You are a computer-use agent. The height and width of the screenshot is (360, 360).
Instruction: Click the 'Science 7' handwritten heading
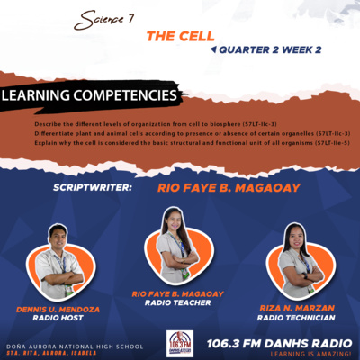coord(105,18)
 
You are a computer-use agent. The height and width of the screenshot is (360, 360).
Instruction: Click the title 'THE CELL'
coord(180,37)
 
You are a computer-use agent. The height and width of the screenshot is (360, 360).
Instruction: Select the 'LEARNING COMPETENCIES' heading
coord(89,94)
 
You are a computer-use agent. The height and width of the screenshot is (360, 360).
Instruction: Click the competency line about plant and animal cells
coord(179,132)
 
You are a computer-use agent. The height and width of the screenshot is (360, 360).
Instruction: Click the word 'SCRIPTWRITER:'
coord(94,189)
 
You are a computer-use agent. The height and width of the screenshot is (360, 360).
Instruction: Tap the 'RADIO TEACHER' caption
coord(176,302)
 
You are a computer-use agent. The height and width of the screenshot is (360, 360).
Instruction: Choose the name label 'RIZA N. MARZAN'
coord(296,307)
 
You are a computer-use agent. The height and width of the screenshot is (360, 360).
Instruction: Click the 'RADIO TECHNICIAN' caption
coord(296,317)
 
